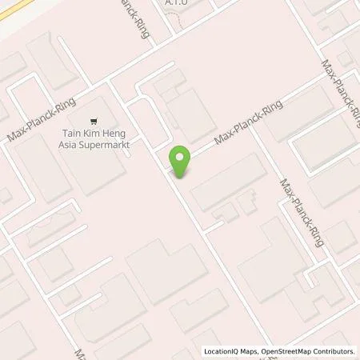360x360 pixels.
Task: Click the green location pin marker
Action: click(x=181, y=162)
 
